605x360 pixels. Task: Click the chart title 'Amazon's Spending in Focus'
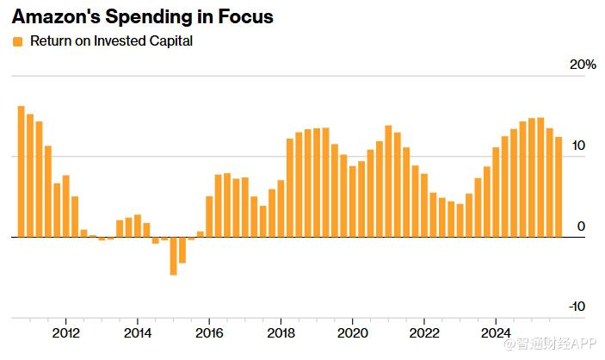pyautogui.click(x=142, y=17)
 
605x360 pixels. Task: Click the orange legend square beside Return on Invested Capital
pyautogui.click(x=17, y=41)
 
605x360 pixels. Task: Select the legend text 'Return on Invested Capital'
pyautogui.click(x=111, y=41)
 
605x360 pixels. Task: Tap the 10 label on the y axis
pyautogui.click(x=577, y=146)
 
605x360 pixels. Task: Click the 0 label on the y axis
pyautogui.click(x=581, y=226)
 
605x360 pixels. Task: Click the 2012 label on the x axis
pyautogui.click(x=66, y=333)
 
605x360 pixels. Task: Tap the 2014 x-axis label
pyautogui.click(x=138, y=333)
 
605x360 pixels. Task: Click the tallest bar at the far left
pyautogui.click(x=22, y=172)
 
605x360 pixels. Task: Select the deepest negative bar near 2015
pyautogui.click(x=173, y=256)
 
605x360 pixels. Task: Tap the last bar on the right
pyautogui.click(x=559, y=187)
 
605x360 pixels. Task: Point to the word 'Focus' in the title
pyautogui.click(x=245, y=17)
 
